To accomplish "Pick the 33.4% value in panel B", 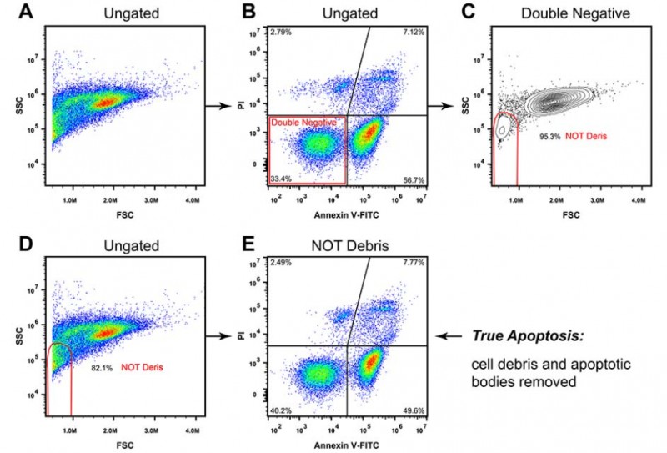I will click(281, 177).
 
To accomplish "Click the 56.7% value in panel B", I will click(414, 177).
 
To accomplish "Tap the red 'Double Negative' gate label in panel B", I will click(304, 123).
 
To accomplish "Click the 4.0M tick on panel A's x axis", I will click(192, 199).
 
